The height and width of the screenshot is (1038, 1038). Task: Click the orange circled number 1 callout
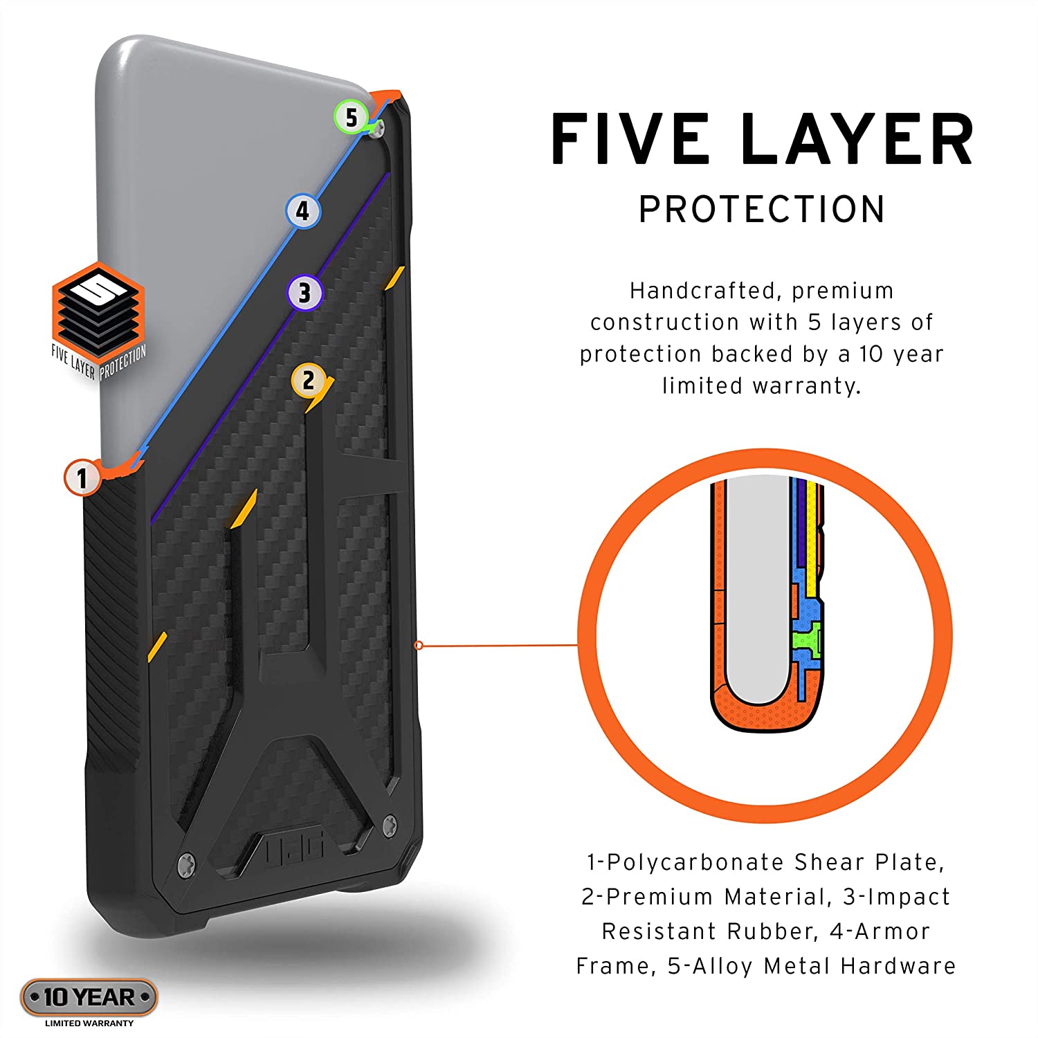pos(82,477)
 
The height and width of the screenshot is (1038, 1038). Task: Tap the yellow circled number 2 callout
pos(309,380)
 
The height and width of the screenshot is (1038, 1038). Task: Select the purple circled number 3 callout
pos(305,293)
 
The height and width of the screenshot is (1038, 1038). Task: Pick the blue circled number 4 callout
pos(303,211)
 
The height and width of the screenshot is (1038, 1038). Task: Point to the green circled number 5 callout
pos(352,118)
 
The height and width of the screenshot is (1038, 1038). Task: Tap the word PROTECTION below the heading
pos(762,209)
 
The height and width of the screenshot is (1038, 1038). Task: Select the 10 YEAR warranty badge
pos(89,997)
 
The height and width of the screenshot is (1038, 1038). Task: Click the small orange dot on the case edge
pos(418,646)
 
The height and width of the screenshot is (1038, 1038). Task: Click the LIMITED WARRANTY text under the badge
pos(89,1023)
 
